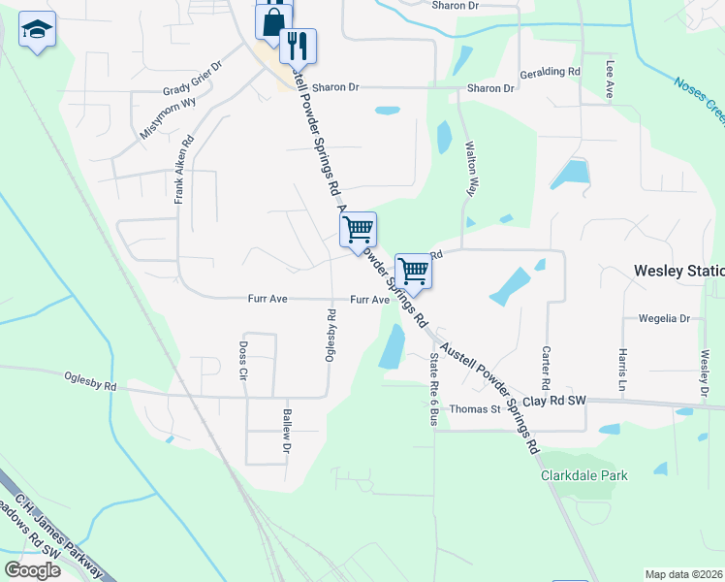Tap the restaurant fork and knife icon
point(298,45)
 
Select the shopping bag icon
point(274,20)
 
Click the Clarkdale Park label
point(583,475)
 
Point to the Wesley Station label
point(678,271)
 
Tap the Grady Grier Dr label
point(193,78)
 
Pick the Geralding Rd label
point(550,72)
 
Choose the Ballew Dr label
point(287,432)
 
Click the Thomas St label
point(474,409)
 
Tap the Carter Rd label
point(547,363)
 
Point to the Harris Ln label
point(622,365)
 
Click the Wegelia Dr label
point(663,318)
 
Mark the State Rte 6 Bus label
point(433,389)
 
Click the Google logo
point(33,570)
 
